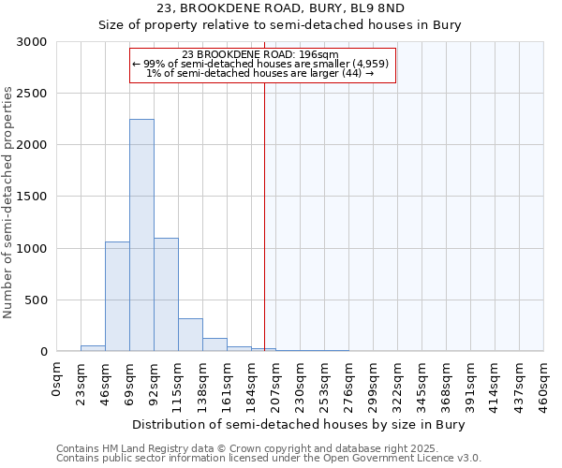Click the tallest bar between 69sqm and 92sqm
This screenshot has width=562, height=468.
tap(141, 235)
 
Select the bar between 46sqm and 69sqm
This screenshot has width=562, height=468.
tap(117, 296)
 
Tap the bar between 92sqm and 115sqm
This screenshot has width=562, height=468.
tap(166, 294)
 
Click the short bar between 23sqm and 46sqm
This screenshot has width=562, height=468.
tap(93, 348)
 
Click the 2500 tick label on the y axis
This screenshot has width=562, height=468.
tap(32, 94)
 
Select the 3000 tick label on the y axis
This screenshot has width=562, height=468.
tap(32, 42)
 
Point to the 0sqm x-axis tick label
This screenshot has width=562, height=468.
tap(57, 383)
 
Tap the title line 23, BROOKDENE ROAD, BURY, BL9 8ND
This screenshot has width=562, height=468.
tap(281, 8)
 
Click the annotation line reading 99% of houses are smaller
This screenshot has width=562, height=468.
tap(262, 64)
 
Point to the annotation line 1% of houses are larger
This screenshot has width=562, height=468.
tap(262, 74)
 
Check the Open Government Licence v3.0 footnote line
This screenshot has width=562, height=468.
tap(269, 459)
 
